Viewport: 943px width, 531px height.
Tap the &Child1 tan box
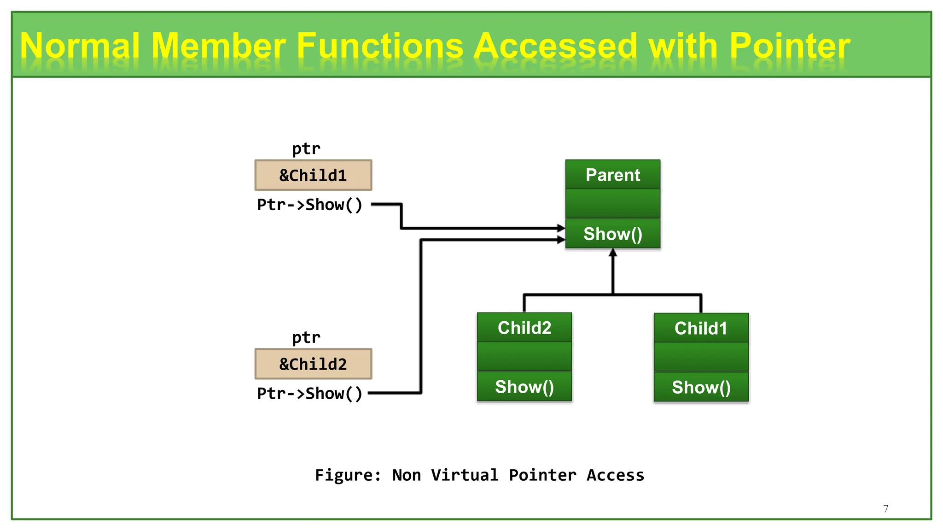tap(313, 176)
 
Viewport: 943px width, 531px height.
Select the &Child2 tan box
tap(313, 364)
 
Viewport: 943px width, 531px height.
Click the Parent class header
tap(612, 175)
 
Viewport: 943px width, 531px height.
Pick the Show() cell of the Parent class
tap(612, 234)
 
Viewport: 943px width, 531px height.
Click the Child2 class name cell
tap(524, 328)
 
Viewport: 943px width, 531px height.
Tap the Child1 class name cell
tap(701, 328)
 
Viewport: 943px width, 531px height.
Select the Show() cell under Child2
tap(524, 387)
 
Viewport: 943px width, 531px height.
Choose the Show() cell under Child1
tap(701, 387)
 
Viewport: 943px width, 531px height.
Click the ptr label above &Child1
tap(306, 149)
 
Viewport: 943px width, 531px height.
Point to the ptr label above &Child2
tap(306, 338)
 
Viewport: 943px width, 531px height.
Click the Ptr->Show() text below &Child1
tap(309, 205)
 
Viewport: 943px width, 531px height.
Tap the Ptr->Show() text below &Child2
tap(309, 394)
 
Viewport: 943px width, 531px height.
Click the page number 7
tap(886, 508)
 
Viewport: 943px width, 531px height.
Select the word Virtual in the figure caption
tap(465, 475)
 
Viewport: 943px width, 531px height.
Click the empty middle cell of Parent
tap(612, 204)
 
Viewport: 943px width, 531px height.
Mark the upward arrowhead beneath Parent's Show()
tap(613, 253)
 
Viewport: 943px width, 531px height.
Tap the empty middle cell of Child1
tap(701, 357)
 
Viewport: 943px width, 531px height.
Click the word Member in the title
tap(218, 46)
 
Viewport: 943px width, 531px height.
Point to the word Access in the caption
tap(615, 475)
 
